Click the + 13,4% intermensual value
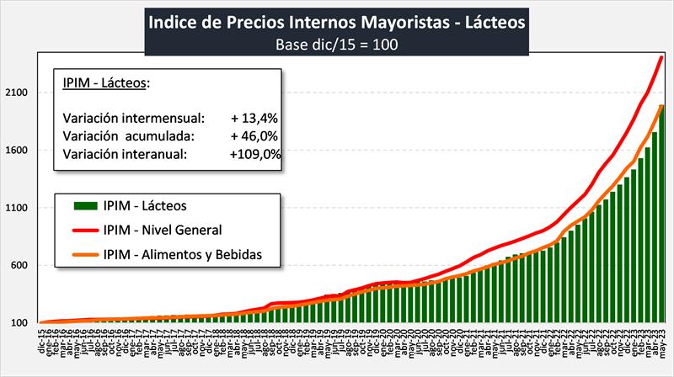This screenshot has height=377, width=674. coord(254,117)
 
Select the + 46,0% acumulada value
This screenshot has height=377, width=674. coord(254,135)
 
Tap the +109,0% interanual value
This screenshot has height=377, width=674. coord(254,154)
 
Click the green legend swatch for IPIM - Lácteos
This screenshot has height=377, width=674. coord(83,204)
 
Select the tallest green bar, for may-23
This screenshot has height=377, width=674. coord(661,219)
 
